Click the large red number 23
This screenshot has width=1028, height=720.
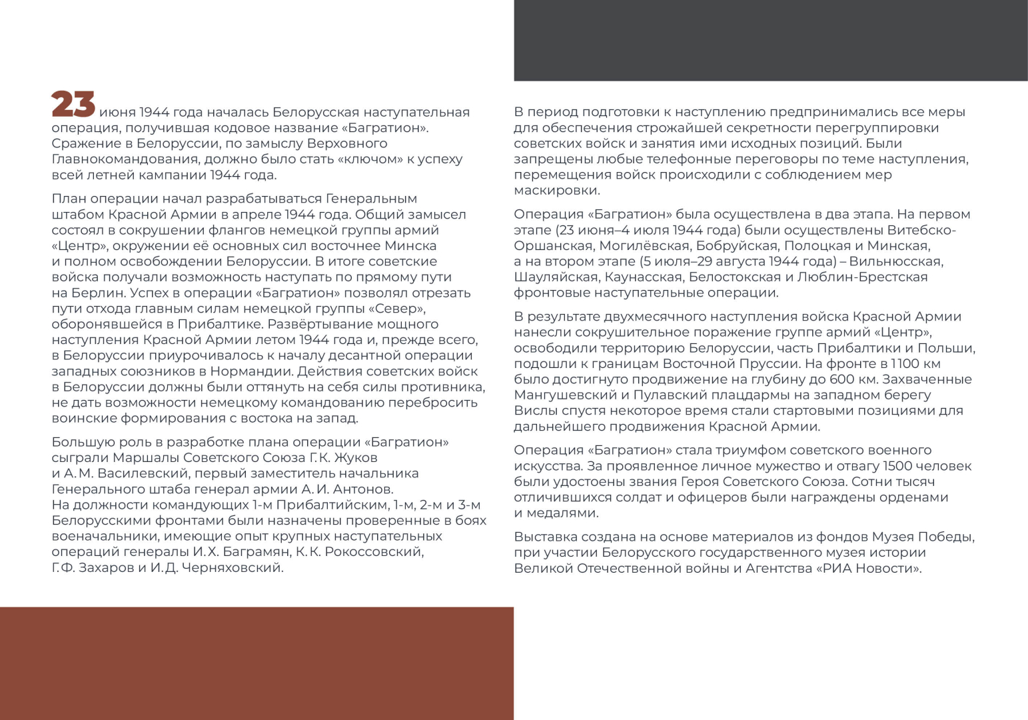(73, 105)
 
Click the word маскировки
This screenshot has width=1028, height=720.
(557, 191)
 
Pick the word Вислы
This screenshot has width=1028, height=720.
(532, 411)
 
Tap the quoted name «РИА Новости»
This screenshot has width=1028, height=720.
(869, 569)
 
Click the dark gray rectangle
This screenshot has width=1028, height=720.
(770, 40)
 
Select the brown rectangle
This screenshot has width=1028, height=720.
(257, 663)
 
